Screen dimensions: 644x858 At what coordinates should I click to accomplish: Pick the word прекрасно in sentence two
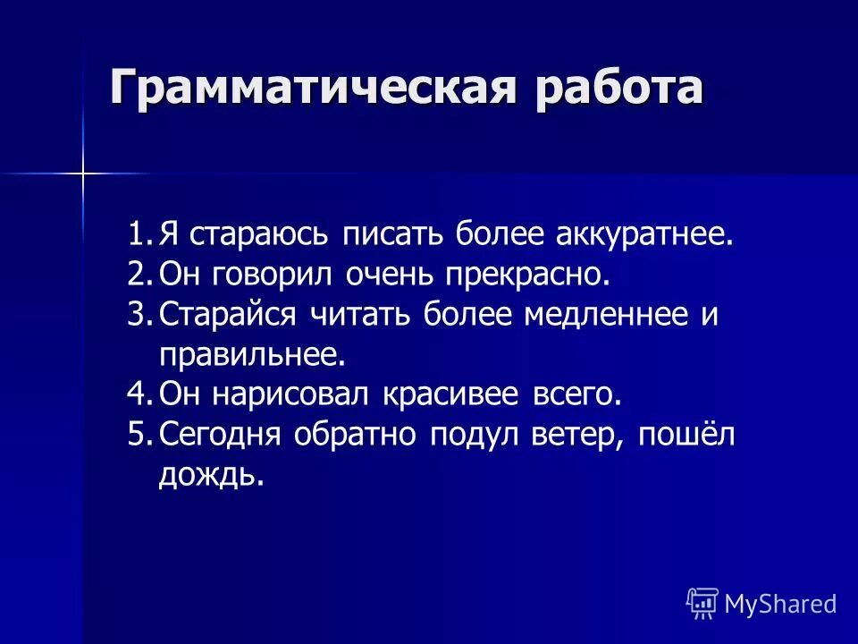523,275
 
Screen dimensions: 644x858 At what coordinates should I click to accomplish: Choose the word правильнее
251,355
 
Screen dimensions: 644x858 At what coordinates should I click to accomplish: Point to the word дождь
212,475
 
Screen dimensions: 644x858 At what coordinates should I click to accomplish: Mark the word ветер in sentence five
576,435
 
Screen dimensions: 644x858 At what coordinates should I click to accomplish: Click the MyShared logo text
780,604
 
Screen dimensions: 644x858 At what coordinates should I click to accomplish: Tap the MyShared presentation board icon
702,604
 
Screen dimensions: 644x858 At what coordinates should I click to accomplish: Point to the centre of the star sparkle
82,173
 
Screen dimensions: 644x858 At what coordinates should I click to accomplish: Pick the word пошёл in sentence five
684,435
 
